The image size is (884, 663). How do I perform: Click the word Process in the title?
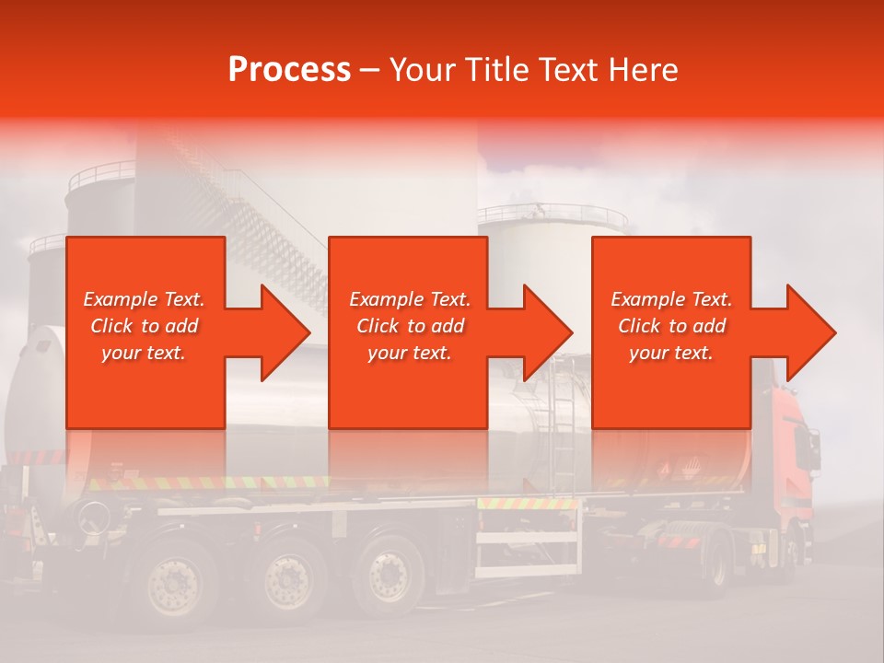point(289,70)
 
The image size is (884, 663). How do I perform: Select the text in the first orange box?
point(144,326)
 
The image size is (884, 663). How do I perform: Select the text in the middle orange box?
point(410,326)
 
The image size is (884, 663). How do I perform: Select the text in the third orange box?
point(671,326)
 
